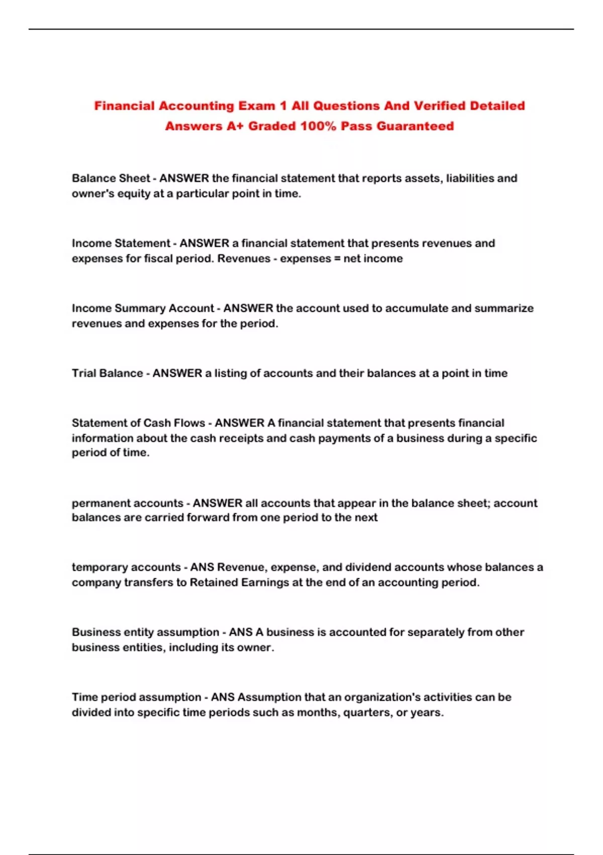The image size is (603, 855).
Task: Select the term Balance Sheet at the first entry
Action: pos(111,178)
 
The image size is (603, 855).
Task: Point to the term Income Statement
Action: pos(121,243)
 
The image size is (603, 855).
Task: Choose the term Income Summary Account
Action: pos(143,308)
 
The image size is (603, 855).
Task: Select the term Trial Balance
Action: pos(107,373)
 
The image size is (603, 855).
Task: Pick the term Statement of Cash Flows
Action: pos(138,423)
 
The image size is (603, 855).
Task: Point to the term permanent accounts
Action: pos(127,503)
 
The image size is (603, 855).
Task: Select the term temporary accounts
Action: pos(126,567)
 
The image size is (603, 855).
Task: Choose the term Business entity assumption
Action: pos(145,632)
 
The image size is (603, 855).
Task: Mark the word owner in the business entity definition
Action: pos(257,647)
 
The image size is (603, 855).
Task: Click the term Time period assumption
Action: pos(136,697)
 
